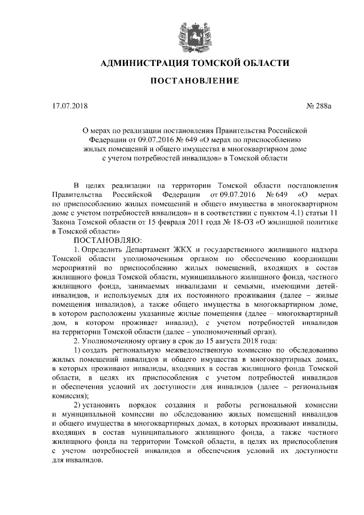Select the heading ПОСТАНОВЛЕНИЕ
(x=194, y=81)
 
